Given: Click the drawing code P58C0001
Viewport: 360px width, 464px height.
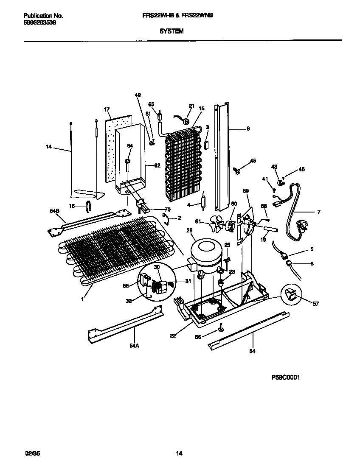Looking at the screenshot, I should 285,378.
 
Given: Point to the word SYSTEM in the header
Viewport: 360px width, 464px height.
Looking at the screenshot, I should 172,31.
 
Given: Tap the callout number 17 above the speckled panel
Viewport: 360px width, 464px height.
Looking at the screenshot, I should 107,109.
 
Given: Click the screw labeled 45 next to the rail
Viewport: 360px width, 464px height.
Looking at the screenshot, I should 238,171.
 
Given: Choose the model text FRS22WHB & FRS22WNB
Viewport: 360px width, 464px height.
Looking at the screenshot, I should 177,15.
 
